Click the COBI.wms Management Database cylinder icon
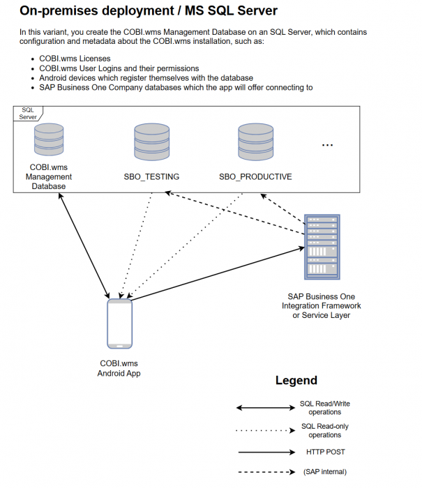(49, 142)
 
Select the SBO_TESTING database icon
(151, 142)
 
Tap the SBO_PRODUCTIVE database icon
(255, 142)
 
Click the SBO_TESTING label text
(151, 177)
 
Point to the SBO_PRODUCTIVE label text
(255, 177)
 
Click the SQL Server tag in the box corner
(28, 113)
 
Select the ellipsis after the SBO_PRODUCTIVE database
(327, 145)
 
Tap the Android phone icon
(119, 323)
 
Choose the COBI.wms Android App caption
(119, 369)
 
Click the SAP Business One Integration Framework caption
(322, 306)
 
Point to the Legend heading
(296, 381)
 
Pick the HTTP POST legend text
(325, 452)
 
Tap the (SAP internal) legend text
(325, 472)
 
